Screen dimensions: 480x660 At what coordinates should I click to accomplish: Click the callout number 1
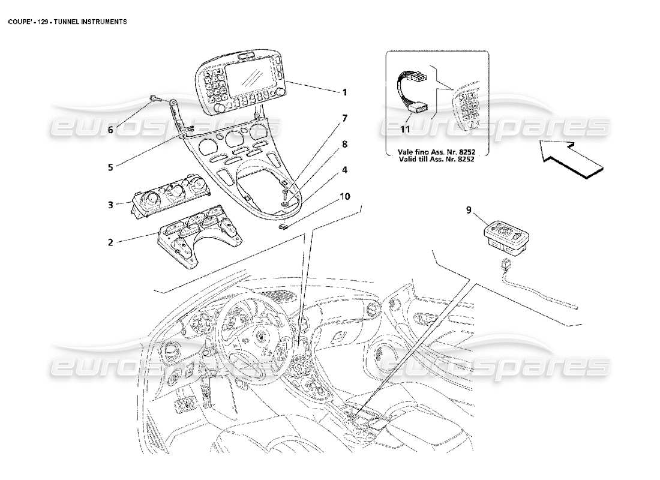[x=344, y=93]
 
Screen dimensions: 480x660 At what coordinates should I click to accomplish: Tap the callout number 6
[x=110, y=129]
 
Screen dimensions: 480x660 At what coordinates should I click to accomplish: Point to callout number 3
[x=110, y=205]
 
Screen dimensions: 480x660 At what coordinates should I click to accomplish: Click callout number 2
[x=110, y=242]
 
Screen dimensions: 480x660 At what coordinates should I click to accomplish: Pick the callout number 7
[x=344, y=118]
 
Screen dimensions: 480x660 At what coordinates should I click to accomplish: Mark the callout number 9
[x=468, y=211]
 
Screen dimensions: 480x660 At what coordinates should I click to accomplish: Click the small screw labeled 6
[x=154, y=98]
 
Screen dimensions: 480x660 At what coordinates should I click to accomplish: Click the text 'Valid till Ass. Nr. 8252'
[x=437, y=159]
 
